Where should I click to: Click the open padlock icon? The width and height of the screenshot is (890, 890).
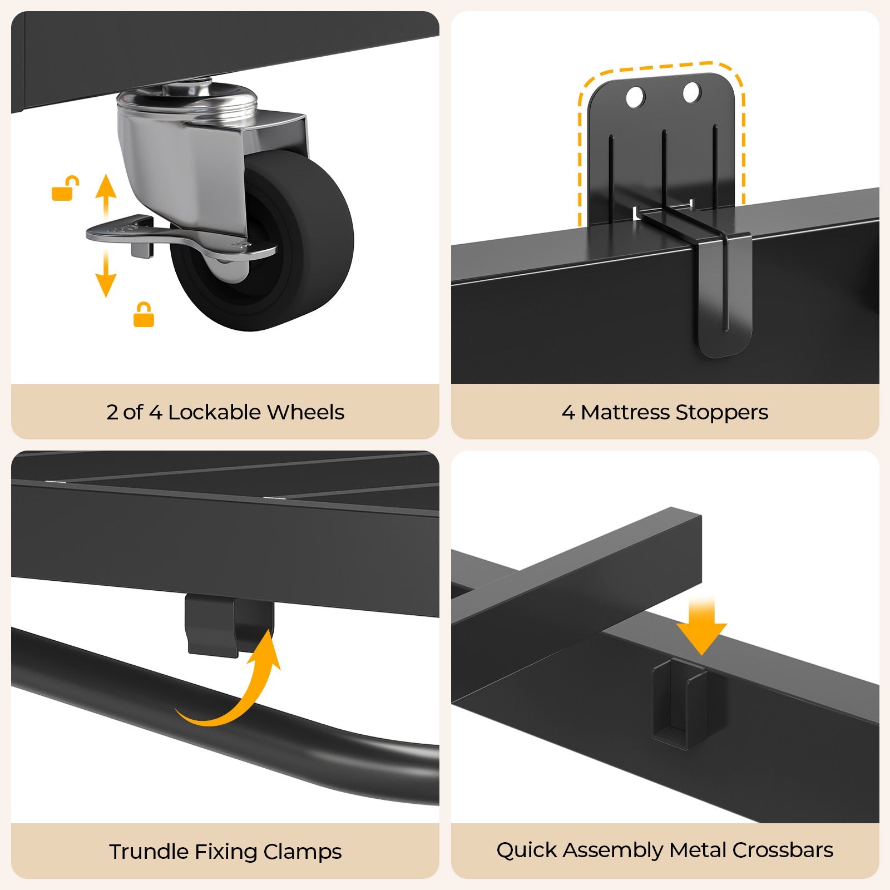65,189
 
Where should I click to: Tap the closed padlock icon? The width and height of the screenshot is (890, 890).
144,315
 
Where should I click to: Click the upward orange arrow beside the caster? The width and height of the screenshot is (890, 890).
106,195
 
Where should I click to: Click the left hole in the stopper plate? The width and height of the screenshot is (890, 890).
635,97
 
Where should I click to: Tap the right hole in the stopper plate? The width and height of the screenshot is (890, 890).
691,92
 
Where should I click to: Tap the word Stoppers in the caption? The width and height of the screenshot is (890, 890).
721,412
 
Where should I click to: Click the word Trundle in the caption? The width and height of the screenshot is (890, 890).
149,852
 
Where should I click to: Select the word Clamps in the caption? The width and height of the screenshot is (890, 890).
303,852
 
